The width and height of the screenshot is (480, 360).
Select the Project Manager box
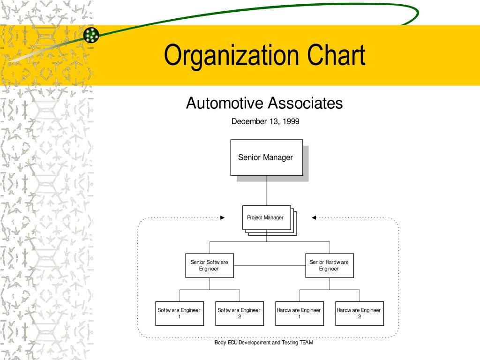pos(266,217)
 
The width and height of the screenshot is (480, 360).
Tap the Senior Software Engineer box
pos(209,265)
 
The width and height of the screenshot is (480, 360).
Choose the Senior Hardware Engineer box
pos(329,265)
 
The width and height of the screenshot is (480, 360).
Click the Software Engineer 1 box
pos(179,313)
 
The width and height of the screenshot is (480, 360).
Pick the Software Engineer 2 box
pos(239,313)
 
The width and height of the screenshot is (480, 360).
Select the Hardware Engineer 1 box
pos(299,313)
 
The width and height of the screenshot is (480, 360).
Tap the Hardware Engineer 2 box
pos(359,313)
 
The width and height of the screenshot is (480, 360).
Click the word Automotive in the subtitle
pos(225,103)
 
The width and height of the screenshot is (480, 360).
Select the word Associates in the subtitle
pos(306,103)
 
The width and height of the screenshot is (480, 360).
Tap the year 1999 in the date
pos(291,121)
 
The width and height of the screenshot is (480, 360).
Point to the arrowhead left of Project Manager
pos(223,217)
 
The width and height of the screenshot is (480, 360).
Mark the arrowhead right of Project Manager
pos(314,217)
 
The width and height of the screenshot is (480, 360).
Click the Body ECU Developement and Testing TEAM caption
pos(263,343)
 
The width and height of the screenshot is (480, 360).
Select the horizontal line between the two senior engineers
pos(269,265)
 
